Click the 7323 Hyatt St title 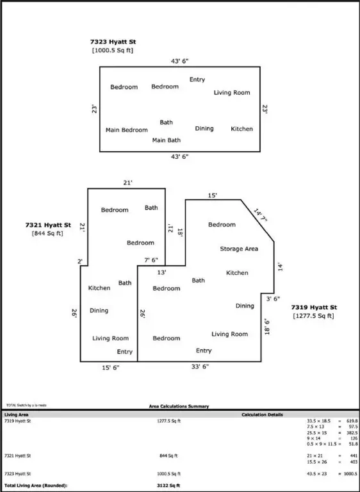(x=113, y=42)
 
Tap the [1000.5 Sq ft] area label (x=113, y=50)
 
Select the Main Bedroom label (x=126, y=130)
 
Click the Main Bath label (x=166, y=140)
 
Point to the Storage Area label (x=239, y=249)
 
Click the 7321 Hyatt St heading (x=48, y=225)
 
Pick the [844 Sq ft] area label (x=48, y=234)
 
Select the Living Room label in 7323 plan (x=231, y=93)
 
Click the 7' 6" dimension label (x=151, y=260)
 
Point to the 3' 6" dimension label (x=274, y=299)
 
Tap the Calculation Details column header (x=261, y=414)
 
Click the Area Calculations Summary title (x=179, y=406)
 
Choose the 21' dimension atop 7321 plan (x=127, y=183)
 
